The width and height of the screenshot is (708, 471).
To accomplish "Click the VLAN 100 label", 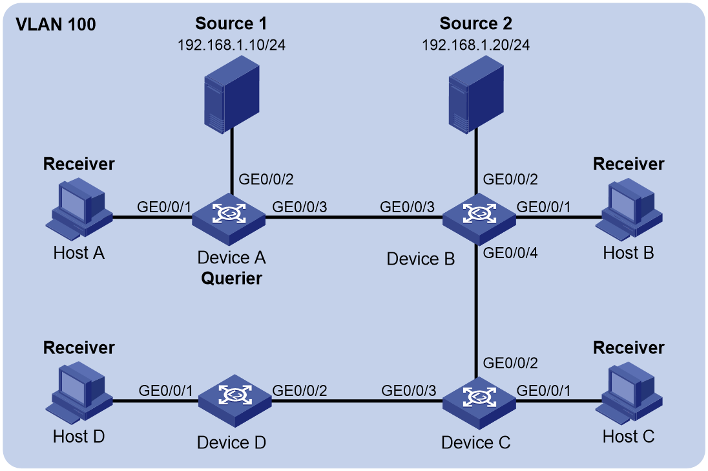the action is point(56,25).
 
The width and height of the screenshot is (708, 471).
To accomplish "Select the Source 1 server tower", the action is point(232,95).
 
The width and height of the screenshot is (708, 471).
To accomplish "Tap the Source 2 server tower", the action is point(476,95).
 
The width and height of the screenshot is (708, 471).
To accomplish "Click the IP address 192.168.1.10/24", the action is point(231,45).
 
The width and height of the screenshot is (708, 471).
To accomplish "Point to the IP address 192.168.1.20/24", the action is point(476,45).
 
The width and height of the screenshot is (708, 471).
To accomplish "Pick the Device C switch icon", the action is point(479,403).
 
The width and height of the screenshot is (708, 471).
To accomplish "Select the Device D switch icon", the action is point(235,401).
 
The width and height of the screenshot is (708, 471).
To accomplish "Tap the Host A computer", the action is point(79,209).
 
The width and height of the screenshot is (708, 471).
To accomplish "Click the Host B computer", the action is point(629,209).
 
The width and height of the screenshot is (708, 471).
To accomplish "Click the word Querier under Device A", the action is point(231,278).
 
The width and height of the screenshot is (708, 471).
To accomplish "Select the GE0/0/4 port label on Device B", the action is point(510,253).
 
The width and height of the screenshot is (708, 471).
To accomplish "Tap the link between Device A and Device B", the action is point(354,217).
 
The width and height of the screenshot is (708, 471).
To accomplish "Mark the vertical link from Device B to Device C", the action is point(476,312).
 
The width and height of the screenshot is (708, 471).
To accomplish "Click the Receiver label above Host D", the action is point(79,347).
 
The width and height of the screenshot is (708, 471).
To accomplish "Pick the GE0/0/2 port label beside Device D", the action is point(299,391).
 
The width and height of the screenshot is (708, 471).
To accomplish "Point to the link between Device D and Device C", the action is point(357,400).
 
